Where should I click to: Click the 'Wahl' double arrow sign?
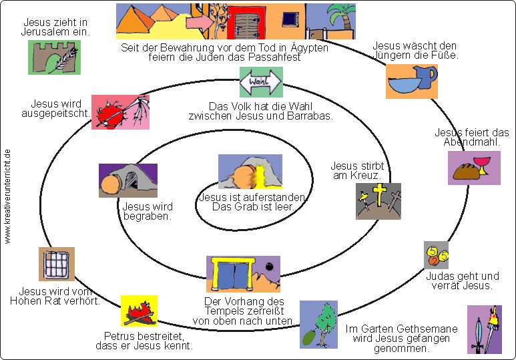(261, 83)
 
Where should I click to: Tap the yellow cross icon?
(378, 198)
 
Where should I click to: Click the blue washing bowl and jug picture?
(411, 81)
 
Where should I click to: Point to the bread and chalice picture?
(474, 168)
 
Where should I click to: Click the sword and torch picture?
(484, 329)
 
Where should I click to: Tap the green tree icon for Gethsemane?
(318, 324)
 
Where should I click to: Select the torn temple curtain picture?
(243, 275)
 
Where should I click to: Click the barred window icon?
(57, 264)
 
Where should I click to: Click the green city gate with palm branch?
(54, 57)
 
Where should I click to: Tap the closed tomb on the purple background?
(127, 180)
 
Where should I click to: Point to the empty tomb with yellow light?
(250, 172)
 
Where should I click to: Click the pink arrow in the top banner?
(198, 22)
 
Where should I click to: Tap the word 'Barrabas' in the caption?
(311, 116)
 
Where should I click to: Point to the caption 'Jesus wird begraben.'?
(148, 211)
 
